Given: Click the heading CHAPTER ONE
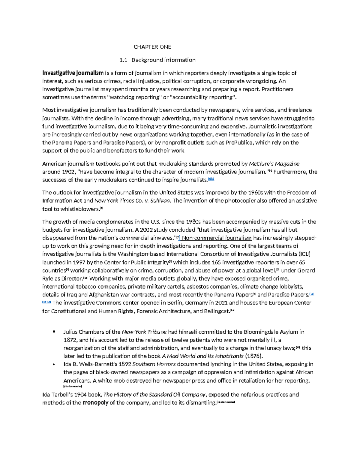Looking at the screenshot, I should tap(152, 47).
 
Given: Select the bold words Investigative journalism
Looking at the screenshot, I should tap(73, 73).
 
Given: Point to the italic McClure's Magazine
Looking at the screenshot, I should tap(274, 164).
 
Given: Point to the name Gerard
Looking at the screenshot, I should tap(306, 270).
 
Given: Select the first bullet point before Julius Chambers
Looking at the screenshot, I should tap(54, 332).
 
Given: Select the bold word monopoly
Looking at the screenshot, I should tap(95, 403).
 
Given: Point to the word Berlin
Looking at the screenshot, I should tap(170, 303).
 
